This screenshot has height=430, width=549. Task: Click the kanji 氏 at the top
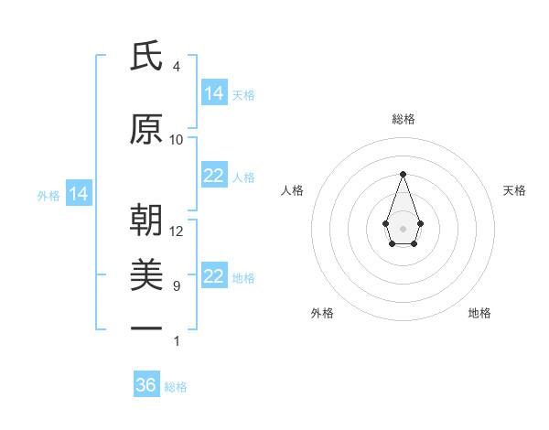point(146,57)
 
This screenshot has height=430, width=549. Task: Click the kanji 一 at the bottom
point(146,327)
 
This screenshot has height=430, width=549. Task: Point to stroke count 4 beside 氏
point(176,67)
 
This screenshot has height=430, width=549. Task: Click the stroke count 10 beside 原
point(177,140)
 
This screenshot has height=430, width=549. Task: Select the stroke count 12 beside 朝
point(177,231)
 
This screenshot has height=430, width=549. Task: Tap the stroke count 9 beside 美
point(176,286)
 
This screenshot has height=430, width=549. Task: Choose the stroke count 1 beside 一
point(176,341)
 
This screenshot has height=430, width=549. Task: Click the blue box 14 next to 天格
point(214,92)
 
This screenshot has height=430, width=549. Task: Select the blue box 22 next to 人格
point(214,176)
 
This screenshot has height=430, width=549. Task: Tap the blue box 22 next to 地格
point(214,276)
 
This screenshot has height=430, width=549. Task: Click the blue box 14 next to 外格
point(79,194)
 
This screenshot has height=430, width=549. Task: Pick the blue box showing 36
point(146,385)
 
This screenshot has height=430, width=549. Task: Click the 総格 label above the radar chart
point(403,119)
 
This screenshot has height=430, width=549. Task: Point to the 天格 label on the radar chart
point(514,190)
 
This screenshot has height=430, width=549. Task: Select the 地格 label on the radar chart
point(479,313)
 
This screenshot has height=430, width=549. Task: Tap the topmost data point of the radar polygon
point(403,174)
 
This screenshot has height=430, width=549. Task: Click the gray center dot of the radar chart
point(403,228)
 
